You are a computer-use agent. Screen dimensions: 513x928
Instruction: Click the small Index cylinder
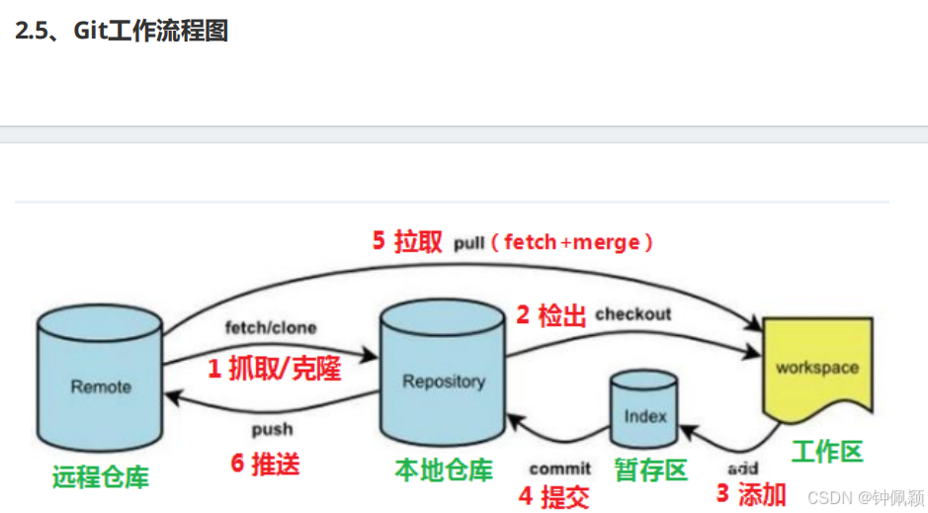click(x=644, y=413)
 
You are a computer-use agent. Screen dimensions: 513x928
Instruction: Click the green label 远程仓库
click(x=100, y=477)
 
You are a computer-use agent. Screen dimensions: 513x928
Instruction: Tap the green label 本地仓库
click(x=443, y=470)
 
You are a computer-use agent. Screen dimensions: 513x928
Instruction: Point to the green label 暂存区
click(x=649, y=470)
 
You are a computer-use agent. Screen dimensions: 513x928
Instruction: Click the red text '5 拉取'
click(x=406, y=242)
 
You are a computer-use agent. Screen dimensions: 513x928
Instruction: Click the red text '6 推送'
click(x=265, y=464)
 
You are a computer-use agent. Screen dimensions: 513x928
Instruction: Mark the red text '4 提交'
click(x=553, y=496)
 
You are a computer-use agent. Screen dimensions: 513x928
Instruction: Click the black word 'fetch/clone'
click(x=271, y=327)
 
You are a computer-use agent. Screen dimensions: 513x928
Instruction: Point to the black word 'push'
click(x=272, y=430)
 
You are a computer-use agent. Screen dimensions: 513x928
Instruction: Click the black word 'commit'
click(x=559, y=468)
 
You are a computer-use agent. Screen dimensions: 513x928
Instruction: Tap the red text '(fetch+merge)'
click(x=578, y=242)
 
